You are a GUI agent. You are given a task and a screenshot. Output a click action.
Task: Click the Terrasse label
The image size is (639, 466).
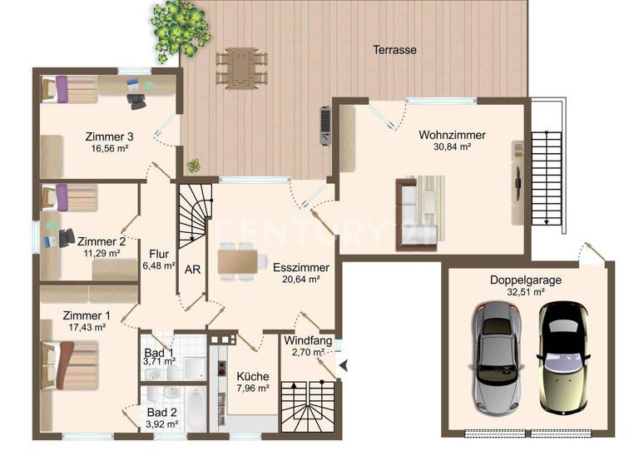(x=394, y=50)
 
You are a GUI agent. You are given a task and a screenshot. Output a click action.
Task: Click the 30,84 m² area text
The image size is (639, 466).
(x=452, y=147)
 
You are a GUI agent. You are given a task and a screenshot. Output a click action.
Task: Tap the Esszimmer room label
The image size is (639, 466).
(x=301, y=268)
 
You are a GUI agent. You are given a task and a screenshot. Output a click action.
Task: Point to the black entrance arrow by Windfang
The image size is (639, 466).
(x=343, y=364)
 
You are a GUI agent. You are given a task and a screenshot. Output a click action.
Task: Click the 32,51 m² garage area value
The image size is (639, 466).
(x=525, y=293)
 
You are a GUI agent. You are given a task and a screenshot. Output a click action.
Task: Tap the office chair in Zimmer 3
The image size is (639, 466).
(x=136, y=99)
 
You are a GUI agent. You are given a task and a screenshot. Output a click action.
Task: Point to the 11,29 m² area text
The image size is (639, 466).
(x=102, y=253)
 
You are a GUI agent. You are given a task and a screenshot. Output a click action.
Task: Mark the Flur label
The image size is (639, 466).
(x=158, y=254)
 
